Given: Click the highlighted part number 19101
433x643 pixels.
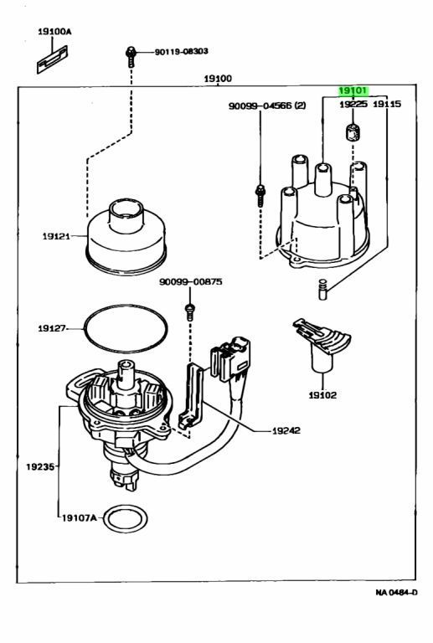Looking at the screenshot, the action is coord(353,90).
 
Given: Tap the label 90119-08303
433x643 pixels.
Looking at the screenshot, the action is coord(181,51).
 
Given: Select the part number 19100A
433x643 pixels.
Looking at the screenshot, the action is coord(54,31).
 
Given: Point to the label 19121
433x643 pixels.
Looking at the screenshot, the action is coord(56,236).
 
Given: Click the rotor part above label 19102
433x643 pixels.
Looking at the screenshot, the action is coord(322,344).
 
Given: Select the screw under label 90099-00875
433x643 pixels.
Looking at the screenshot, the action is coord(190,311).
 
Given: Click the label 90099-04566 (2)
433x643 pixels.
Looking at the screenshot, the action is coord(267,105).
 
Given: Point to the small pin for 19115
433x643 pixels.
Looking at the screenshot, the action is coord(323,289).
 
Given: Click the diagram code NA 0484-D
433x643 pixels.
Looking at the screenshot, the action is coord(396,592).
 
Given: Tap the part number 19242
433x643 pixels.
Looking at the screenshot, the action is coord(286,430).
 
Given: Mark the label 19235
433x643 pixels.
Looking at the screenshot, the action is coord(40,466).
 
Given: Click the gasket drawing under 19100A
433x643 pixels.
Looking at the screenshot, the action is coord(52,59).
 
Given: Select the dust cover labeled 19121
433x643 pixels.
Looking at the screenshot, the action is coord(126,236).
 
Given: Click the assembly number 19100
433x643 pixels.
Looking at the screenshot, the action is coord(218,79).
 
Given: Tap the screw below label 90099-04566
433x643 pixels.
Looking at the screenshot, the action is coord(260,195).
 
